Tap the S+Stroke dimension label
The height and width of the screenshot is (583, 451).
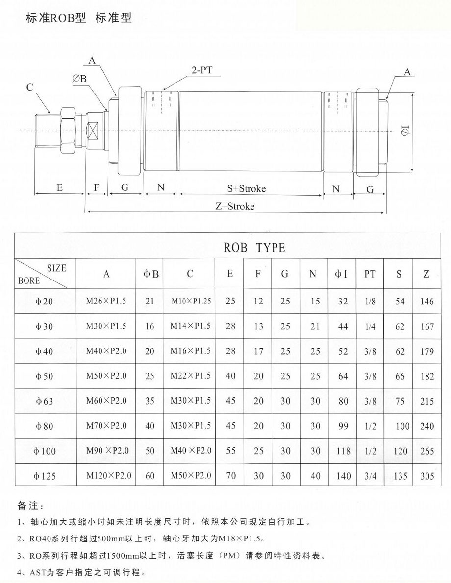tap(247, 188)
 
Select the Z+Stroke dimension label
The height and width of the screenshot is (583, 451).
tap(235, 206)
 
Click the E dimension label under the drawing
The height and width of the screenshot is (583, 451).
tap(59, 188)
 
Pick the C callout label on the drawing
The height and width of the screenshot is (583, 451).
tap(29, 88)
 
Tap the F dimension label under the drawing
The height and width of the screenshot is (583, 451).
tap(96, 188)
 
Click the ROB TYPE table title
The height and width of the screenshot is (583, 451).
tap(254, 247)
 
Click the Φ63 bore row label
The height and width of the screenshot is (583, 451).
tap(44, 401)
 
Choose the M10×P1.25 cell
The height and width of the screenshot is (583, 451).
tap(191, 301)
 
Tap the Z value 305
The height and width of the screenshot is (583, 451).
tap(427, 476)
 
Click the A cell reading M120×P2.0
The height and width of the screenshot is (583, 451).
tap(106, 475)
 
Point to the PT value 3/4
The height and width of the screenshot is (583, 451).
tap(370, 476)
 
